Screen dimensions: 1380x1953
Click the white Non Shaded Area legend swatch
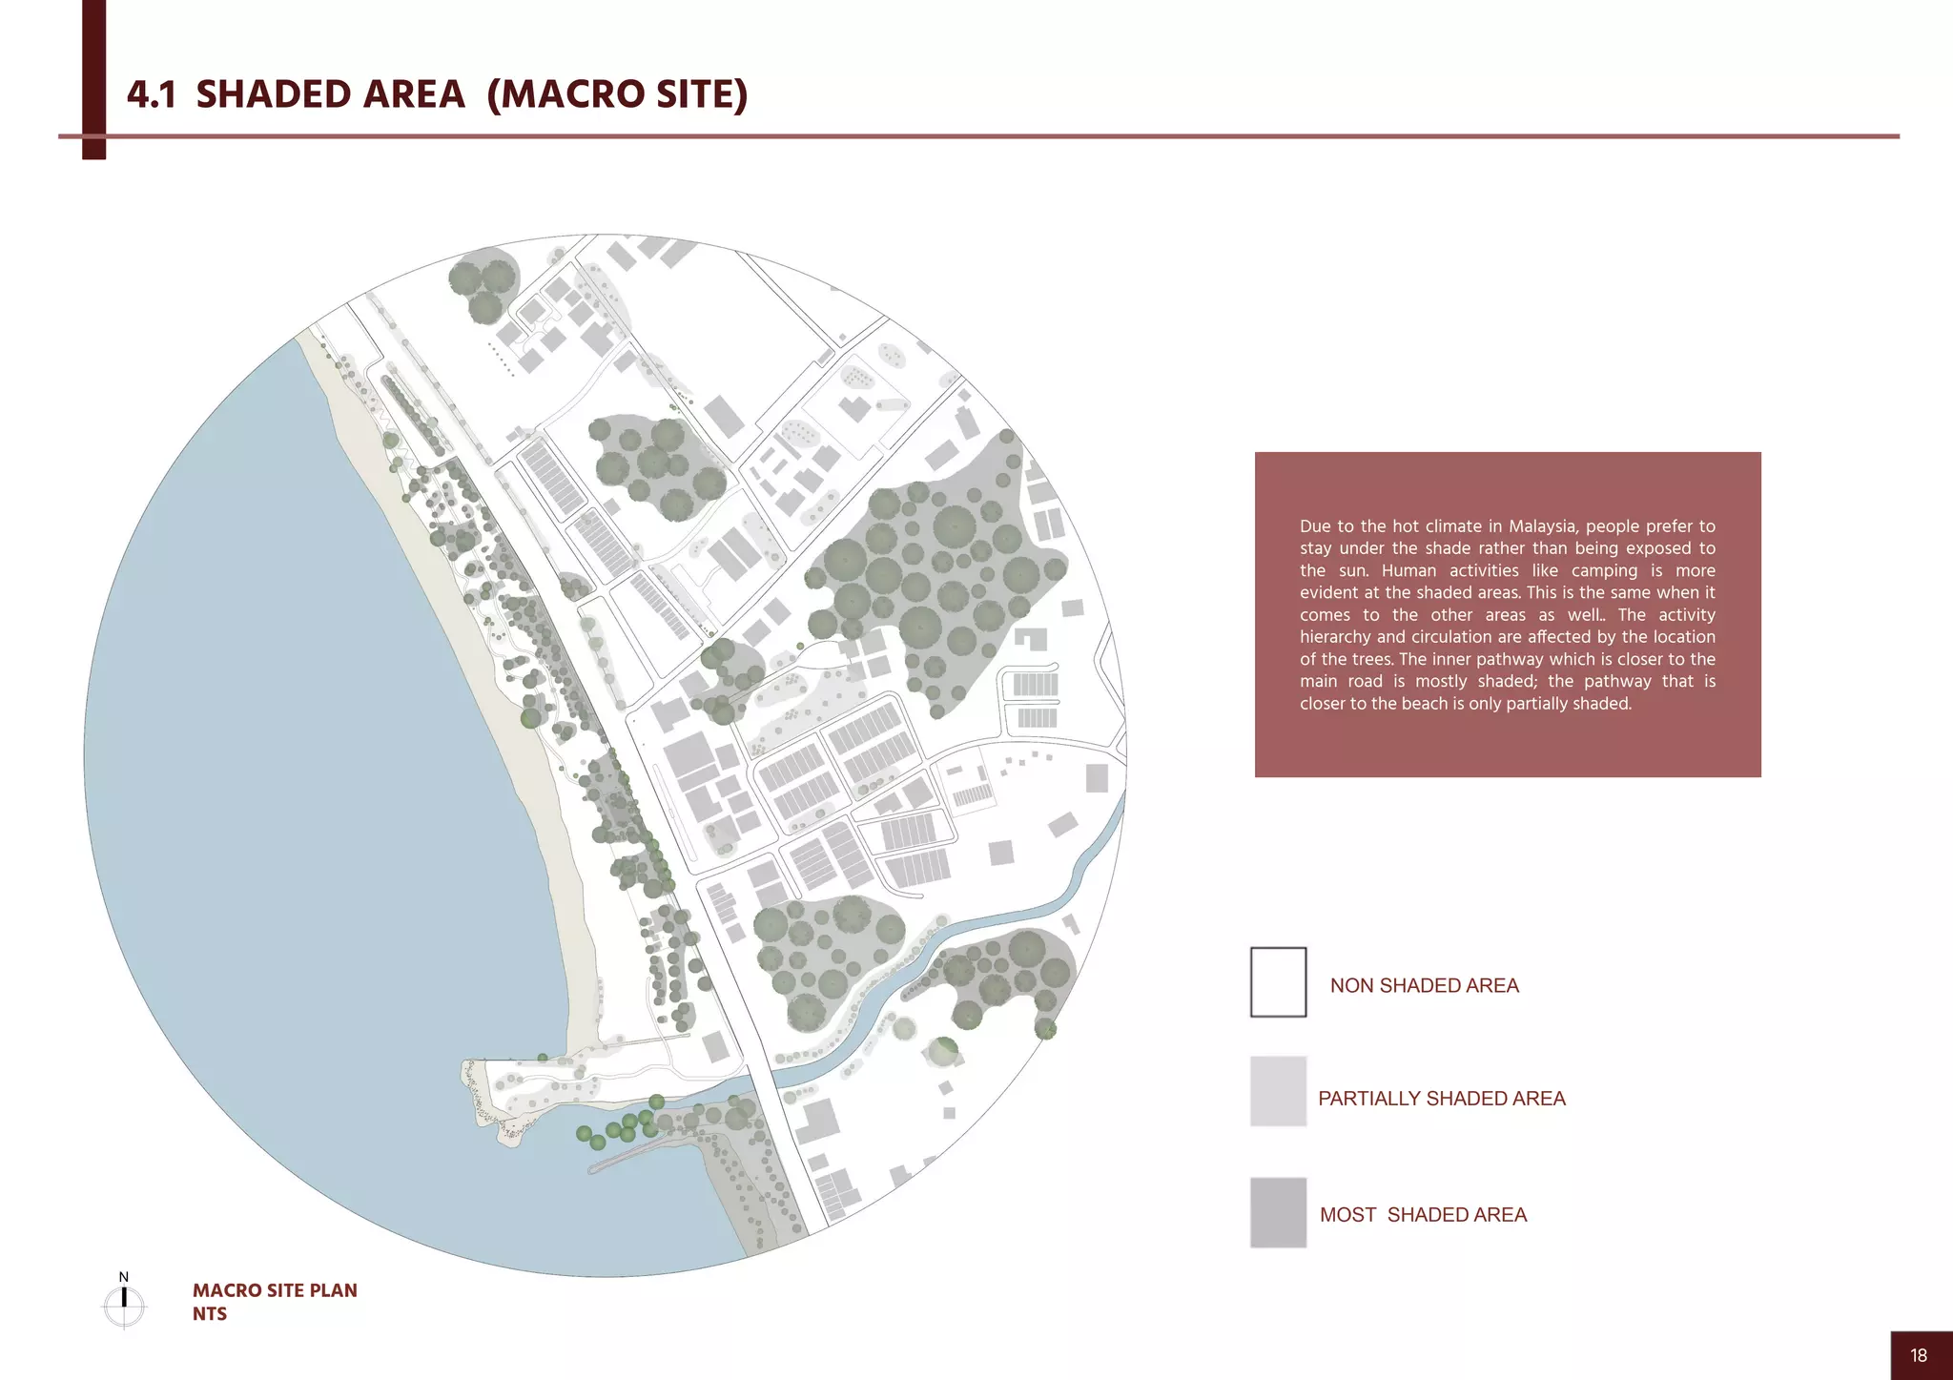[1278, 982]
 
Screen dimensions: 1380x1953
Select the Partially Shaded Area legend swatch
[1278, 1091]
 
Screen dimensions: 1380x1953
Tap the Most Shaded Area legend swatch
[1278, 1212]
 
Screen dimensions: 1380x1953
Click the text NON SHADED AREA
[1424, 986]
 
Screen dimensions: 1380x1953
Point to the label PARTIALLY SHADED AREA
[1441, 1099]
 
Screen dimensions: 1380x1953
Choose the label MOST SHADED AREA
[1423, 1215]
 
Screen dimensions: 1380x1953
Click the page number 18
[1919, 1355]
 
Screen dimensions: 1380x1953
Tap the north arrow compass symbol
[124, 1305]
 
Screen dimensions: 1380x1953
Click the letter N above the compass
[123, 1277]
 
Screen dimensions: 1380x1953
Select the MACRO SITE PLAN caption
[275, 1290]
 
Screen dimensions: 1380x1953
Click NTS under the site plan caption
[210, 1314]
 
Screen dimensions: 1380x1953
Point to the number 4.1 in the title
[151, 94]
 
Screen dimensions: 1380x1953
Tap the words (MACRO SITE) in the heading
[617, 94]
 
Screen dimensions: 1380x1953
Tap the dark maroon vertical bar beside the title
[93, 76]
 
